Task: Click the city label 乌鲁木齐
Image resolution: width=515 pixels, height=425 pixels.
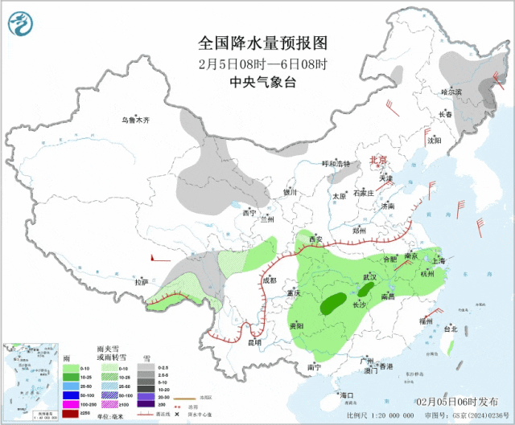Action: (136, 120)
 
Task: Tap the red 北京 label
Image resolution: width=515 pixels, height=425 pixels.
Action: (377, 160)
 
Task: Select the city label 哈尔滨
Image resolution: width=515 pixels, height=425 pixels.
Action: (451, 92)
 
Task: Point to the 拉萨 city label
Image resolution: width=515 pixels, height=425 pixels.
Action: (142, 282)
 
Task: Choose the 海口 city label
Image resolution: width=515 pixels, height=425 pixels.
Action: (347, 395)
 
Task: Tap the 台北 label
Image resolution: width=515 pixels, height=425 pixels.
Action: (450, 329)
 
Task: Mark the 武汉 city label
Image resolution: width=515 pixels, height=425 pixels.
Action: (369, 276)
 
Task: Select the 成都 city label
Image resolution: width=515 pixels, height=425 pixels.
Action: (269, 280)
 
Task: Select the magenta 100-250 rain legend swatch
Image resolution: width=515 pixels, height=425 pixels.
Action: (71, 404)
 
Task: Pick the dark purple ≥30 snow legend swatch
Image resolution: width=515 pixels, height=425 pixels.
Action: (145, 404)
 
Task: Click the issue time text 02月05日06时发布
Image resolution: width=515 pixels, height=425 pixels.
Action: (462, 400)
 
